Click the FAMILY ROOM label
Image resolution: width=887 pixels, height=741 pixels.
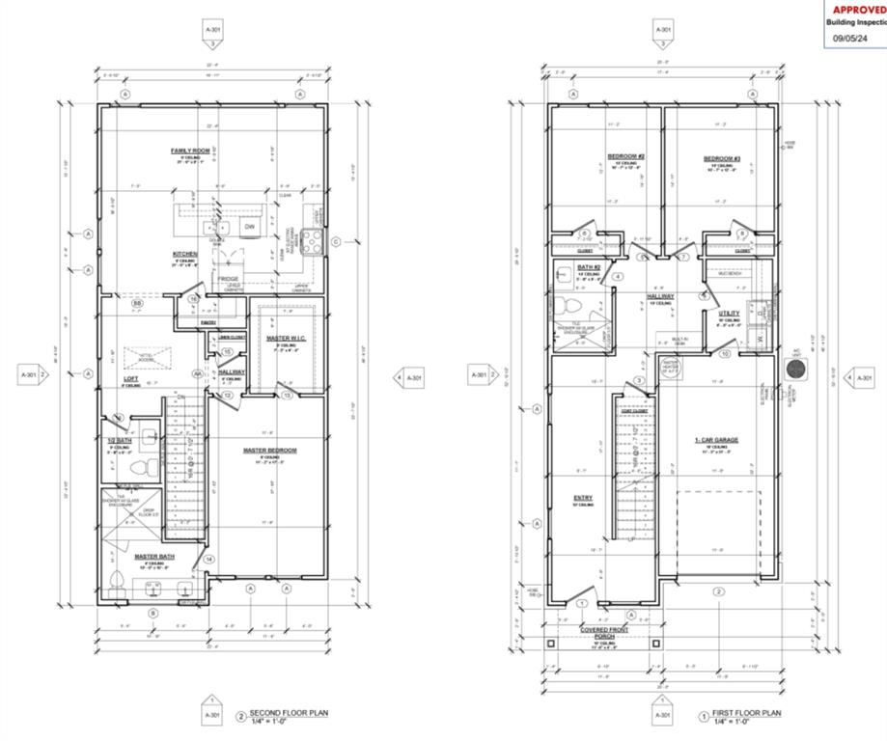(x=190, y=151)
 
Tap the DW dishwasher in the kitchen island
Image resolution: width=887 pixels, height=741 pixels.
(x=248, y=227)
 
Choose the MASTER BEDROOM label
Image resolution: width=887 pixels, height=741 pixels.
(x=270, y=451)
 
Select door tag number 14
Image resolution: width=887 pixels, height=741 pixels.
(x=208, y=558)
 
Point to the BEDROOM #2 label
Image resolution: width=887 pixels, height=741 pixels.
(x=625, y=157)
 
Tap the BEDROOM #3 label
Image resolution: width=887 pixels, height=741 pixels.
(x=721, y=158)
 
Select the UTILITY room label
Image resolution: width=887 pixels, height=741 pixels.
(x=729, y=313)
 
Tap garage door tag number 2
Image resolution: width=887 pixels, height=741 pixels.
(x=718, y=591)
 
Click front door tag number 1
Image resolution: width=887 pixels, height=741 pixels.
(x=582, y=604)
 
